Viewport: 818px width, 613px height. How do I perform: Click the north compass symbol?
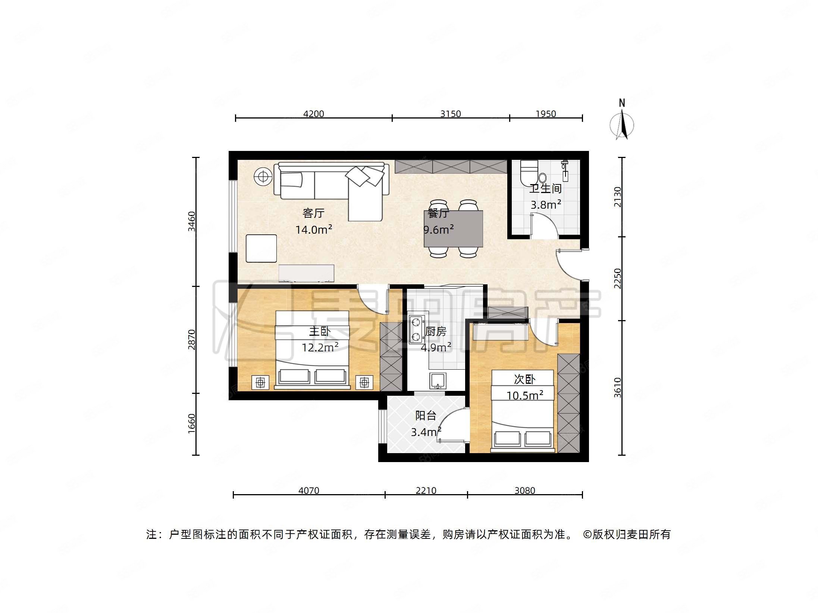tap(621, 121)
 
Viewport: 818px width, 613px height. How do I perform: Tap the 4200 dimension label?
tap(313, 114)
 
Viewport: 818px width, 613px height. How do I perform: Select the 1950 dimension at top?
tap(545, 114)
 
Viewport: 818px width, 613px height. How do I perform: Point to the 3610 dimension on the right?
tap(618, 388)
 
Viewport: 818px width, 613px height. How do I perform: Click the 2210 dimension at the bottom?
tap(426, 490)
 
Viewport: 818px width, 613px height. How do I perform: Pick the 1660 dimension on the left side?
tap(191, 424)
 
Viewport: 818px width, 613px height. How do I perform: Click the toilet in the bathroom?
tap(530, 173)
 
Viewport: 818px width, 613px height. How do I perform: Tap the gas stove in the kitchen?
tap(416, 329)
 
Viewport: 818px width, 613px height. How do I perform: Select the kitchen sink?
tap(437, 380)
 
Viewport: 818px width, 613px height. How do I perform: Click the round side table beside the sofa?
tap(263, 177)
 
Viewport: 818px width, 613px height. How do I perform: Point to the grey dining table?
tap(453, 229)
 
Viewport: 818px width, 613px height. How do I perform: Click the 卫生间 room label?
tap(545, 189)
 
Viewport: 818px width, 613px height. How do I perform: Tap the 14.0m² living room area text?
tap(313, 230)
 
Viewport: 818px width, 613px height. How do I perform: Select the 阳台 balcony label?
tap(425, 415)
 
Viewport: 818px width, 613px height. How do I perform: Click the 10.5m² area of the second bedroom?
tap(524, 395)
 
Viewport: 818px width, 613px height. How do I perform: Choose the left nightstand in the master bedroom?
tap(260, 382)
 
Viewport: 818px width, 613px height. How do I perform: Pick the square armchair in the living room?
tap(261, 248)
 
